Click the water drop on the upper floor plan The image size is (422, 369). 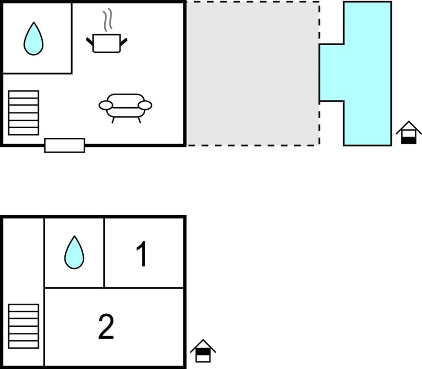(33, 39)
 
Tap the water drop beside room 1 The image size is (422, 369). (74, 252)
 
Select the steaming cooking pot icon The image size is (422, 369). (106, 42)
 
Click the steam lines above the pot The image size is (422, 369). (109, 20)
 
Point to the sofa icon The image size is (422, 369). (125, 106)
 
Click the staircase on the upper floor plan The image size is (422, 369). (24, 112)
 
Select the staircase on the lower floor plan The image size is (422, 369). (24, 326)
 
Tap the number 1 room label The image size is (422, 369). (142, 254)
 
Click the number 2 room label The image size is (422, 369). (106, 327)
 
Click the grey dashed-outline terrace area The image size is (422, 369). (253, 73)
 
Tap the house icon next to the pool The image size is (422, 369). (409, 133)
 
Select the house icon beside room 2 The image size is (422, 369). (203, 351)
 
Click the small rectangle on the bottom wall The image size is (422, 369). (64, 145)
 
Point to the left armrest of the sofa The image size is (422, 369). (105, 105)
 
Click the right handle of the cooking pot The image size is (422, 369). (124, 42)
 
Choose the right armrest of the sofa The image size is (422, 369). (145, 105)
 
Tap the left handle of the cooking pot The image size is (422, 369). (89, 42)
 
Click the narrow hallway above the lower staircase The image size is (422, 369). (24, 259)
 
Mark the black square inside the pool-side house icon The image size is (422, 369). (409, 140)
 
